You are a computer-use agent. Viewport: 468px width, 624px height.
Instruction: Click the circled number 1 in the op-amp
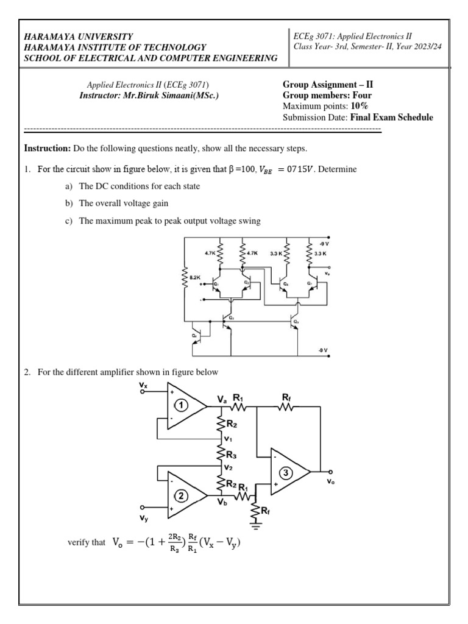click(x=181, y=405)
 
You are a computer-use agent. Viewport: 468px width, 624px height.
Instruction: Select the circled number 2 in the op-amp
click(x=182, y=495)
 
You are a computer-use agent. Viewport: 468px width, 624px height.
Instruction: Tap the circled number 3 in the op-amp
click(x=286, y=472)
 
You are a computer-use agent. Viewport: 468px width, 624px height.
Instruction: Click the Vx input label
click(x=143, y=386)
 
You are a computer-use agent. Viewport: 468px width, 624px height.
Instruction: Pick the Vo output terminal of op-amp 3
click(x=331, y=472)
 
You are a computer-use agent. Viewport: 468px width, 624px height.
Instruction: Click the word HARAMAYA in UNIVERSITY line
click(x=48, y=37)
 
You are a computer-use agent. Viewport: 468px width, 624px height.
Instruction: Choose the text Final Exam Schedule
click(x=392, y=117)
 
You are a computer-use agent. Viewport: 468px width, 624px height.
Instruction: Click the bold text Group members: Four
click(x=328, y=95)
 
